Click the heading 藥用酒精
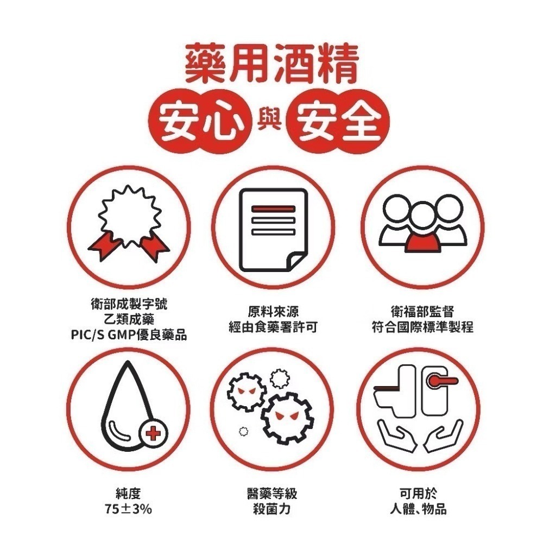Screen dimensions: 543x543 pos(271,64)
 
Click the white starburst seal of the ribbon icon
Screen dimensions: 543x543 pos(129,214)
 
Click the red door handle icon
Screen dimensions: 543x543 pos(439,381)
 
